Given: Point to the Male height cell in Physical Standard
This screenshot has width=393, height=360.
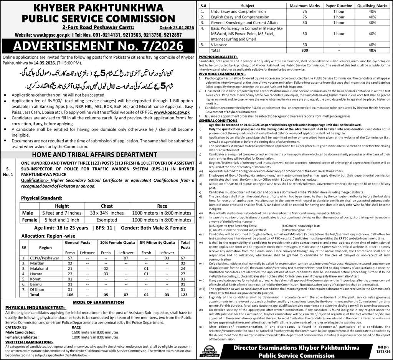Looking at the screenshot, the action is tap(62, 213).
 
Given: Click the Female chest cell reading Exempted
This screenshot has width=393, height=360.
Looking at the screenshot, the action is tap(107, 220).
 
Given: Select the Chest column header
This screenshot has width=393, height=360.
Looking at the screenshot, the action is tap(107, 206).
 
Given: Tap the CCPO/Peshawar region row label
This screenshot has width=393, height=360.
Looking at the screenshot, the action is tap(45, 259).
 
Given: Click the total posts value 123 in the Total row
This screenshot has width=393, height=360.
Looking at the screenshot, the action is tap(185, 294).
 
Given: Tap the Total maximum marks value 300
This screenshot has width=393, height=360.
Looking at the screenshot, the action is tap(305, 50).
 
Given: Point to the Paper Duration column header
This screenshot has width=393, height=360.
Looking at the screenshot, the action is tap(339, 6).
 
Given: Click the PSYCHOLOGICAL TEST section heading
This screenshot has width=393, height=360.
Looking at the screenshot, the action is tap(218, 56).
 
